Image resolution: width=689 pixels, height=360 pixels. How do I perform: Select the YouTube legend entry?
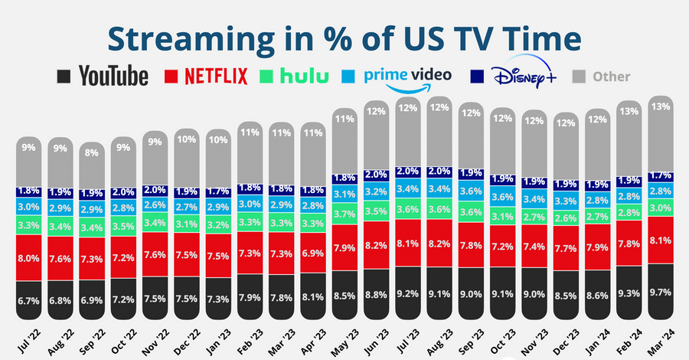(103, 76)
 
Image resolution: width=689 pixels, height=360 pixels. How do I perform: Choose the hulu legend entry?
(294, 76)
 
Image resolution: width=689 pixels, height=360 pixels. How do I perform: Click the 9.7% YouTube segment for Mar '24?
(661, 292)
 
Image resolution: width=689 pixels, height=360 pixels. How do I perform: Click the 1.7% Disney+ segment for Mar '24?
(661, 176)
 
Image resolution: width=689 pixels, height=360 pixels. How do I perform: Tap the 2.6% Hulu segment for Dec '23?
(567, 218)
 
